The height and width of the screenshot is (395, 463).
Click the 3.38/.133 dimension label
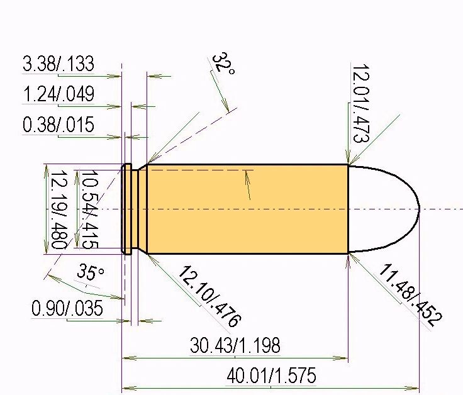pos(58,64)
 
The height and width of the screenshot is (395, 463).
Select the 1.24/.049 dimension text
pos(58,94)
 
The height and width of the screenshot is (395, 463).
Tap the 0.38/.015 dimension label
pos(58,125)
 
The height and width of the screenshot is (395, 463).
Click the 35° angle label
pos(90,272)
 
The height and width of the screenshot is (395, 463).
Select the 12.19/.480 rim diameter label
pos(59,210)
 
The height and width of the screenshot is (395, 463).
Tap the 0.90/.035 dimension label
pos(67,308)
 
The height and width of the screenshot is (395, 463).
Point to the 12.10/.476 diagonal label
pos(209,296)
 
